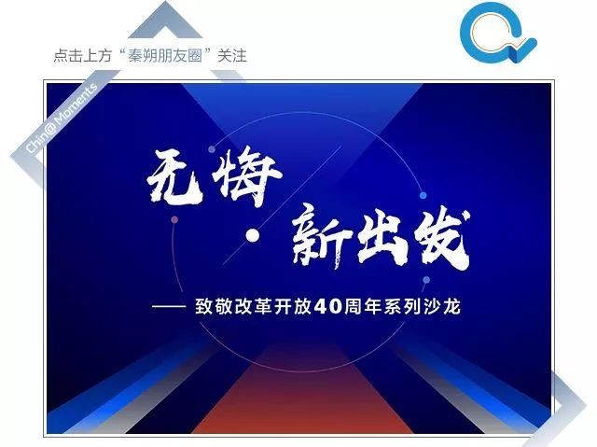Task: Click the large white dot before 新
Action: coord(252,236)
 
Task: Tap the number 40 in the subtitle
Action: coord(328,307)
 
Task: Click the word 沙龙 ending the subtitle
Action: coord(442,307)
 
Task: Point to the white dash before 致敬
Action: coord(169,306)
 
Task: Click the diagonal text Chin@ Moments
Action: coord(61,119)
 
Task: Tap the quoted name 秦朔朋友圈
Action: coord(164,56)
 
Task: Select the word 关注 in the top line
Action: coord(232,56)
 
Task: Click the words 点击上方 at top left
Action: coord(83,56)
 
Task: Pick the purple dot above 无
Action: coord(212,149)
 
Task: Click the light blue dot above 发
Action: coord(423,196)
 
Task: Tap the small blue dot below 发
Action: coord(426,280)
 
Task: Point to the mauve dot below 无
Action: coord(174,219)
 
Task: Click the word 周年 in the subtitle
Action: coord(363,307)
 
